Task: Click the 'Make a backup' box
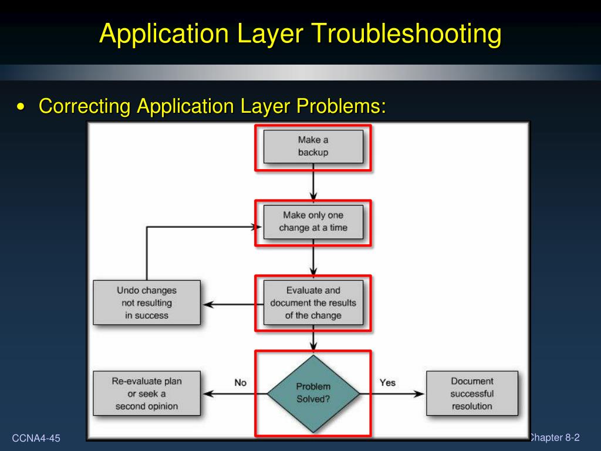pos(313,146)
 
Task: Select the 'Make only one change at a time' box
pos(313,221)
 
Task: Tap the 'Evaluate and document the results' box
pos(313,302)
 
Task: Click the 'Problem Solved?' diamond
pos(313,393)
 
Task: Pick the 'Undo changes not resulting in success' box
pos(147,302)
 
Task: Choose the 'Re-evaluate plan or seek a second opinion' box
pos(147,393)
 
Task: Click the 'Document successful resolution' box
pos(472,393)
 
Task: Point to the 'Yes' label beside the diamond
pos(387,382)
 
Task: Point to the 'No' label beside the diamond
pos(241,382)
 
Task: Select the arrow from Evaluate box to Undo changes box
pos(232,304)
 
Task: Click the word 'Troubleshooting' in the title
pos(406,33)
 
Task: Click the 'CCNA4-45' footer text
pos(36,438)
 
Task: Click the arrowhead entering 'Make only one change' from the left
pos(256,227)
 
